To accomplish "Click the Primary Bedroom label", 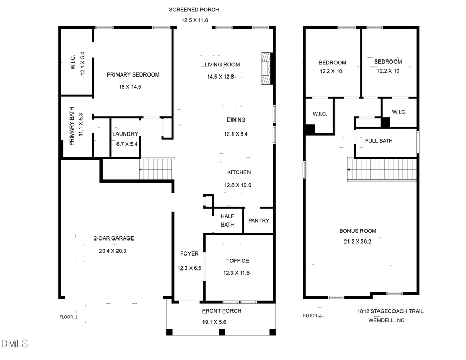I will coord(133,74).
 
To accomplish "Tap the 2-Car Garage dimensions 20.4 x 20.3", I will coord(113,251).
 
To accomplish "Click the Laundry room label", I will coord(125,134).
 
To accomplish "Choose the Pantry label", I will coord(258,221).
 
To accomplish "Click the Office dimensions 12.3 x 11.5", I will coord(236,273).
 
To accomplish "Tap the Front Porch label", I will coord(222,311).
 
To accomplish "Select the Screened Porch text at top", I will coord(194,10).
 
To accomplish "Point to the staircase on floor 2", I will coord(382,171).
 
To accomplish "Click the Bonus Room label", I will coord(358,231).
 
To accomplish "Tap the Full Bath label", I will coord(378,141).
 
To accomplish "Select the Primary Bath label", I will coord(72,127).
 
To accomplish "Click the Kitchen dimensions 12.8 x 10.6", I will coord(237,185).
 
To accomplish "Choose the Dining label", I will coord(236,119).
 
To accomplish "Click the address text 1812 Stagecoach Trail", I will coord(390,311).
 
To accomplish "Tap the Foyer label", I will coord(189,253).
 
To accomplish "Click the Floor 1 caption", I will coord(68,317).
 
